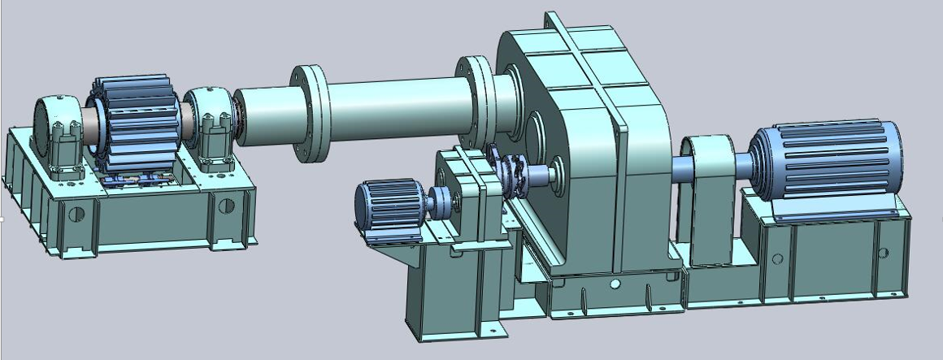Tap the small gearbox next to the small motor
click(464, 195)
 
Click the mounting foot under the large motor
click(837, 213)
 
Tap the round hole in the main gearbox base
click(615, 284)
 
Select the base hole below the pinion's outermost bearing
click(77, 215)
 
